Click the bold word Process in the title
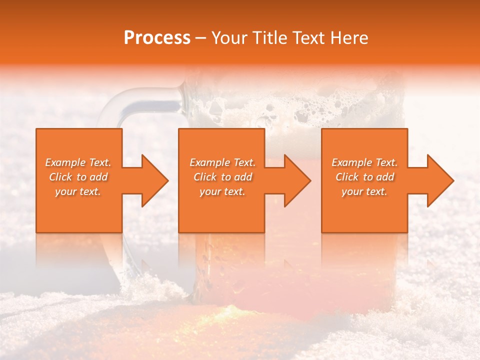point(157,38)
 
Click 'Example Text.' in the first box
point(78,162)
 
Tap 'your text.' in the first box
point(78,191)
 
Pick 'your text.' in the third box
point(364,191)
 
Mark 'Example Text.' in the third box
point(364,162)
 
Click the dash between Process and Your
point(201,38)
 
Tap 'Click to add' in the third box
point(364,177)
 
